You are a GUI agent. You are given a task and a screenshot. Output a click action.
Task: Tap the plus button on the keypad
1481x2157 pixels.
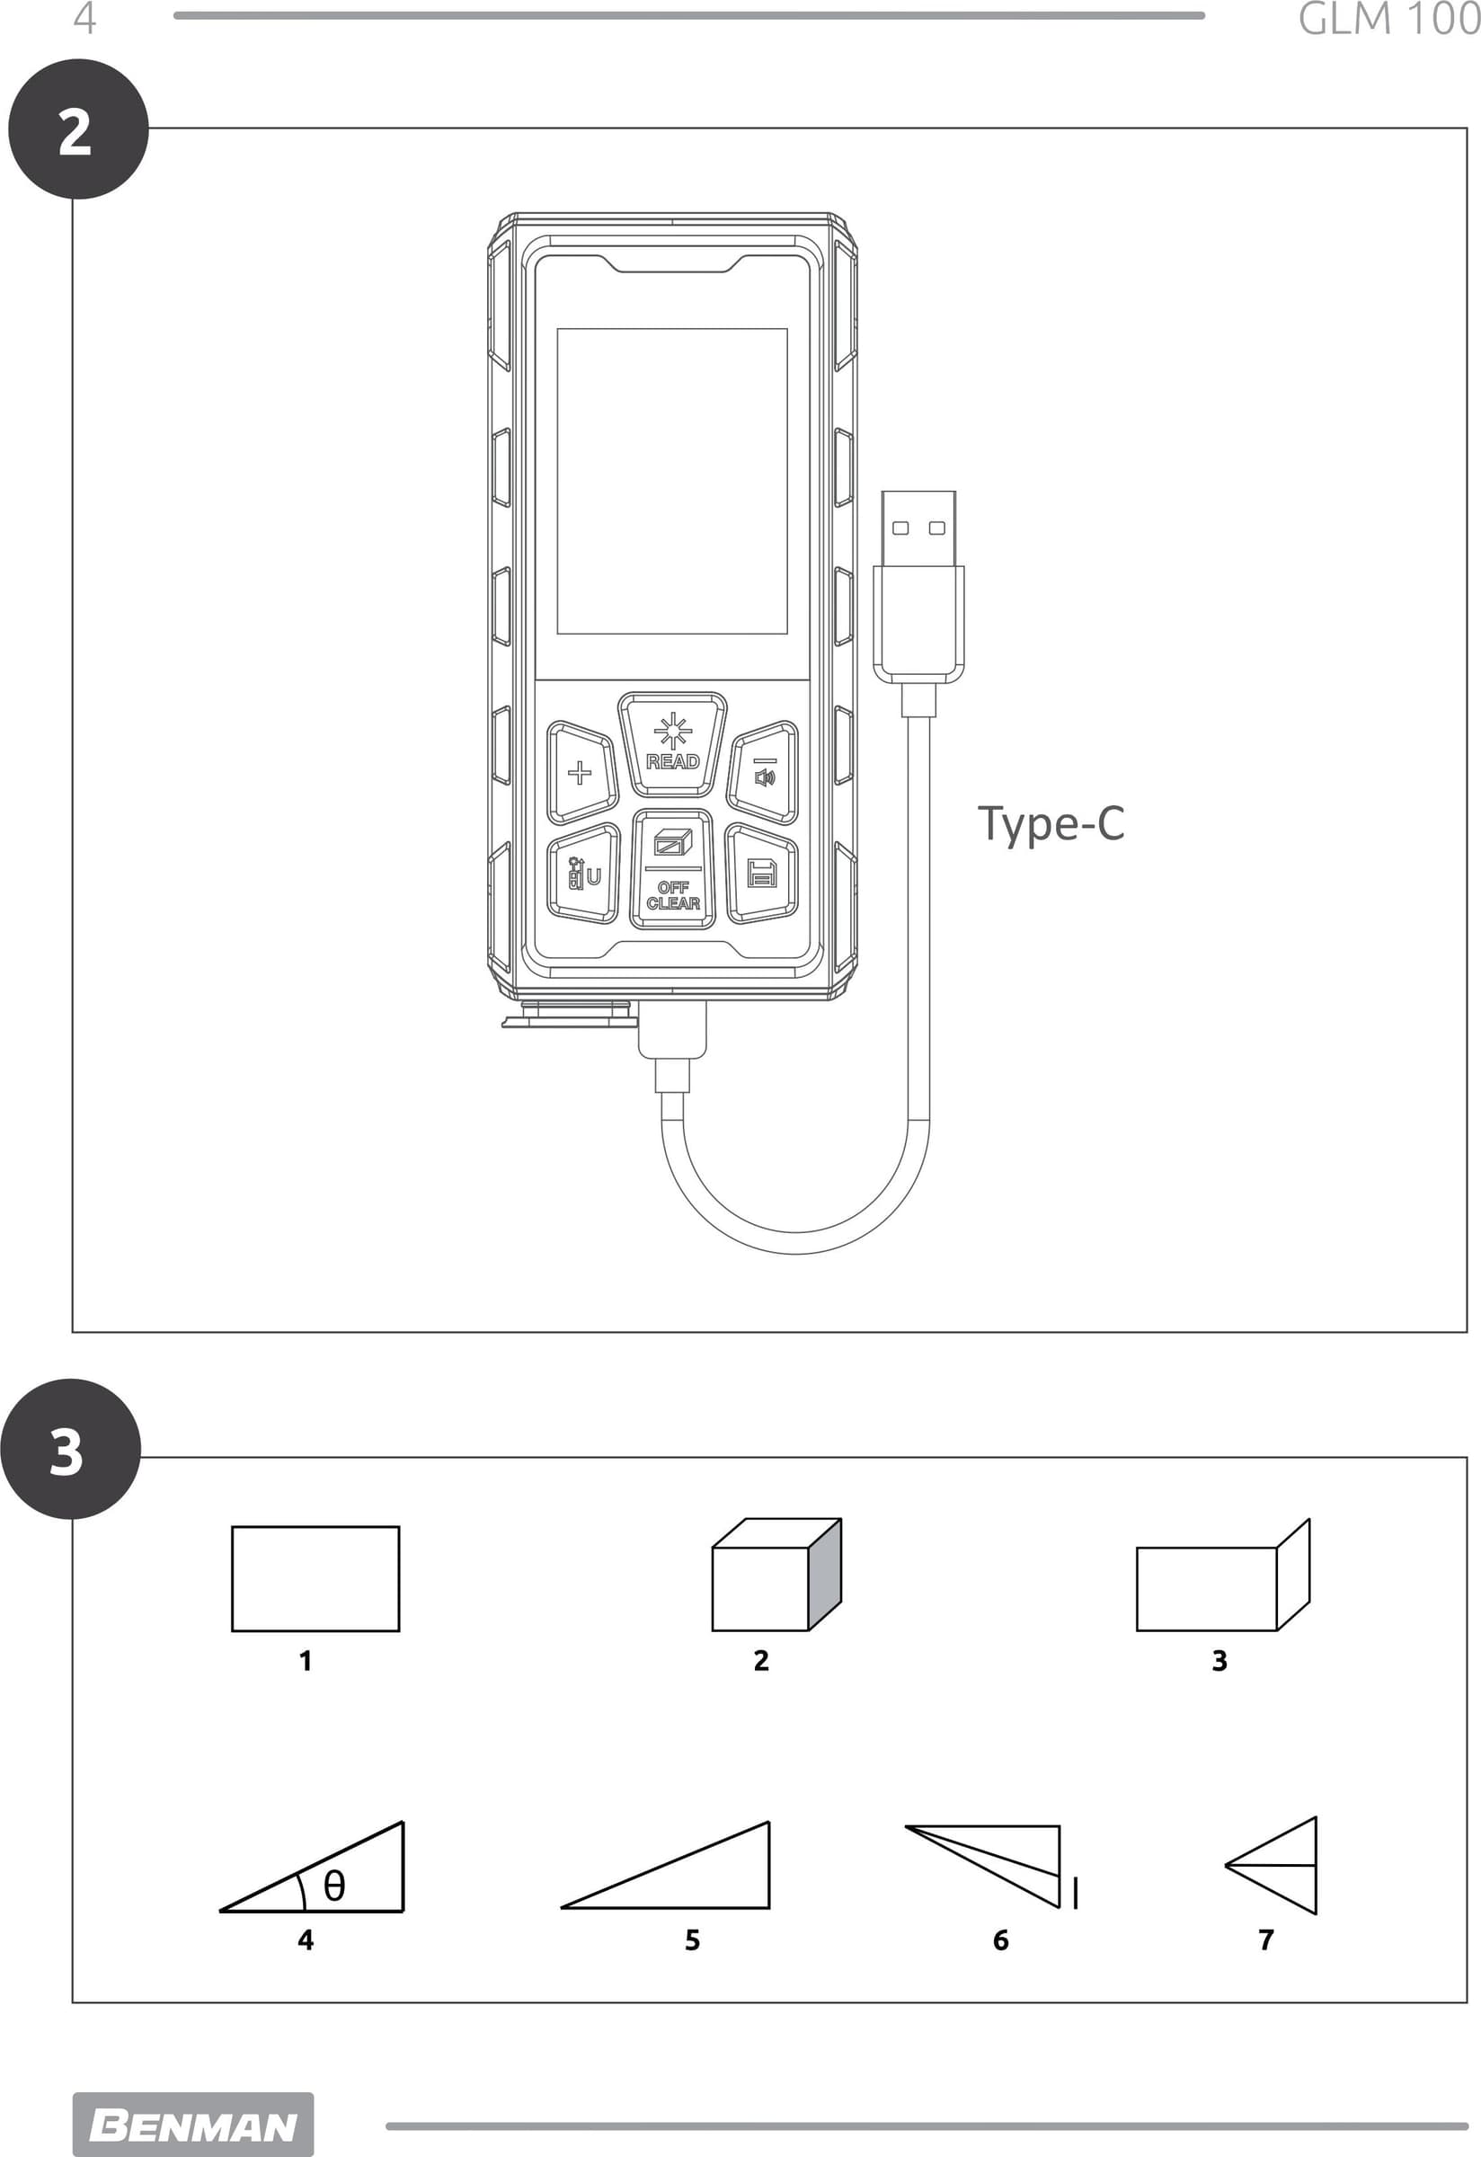click(581, 772)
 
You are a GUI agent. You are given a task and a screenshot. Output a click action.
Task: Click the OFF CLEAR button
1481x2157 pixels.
click(673, 869)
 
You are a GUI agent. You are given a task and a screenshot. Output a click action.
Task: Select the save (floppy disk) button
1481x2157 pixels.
click(762, 874)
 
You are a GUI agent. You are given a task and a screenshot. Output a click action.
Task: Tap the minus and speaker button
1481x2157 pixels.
click(764, 772)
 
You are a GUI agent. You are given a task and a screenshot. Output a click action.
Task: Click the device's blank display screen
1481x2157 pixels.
click(672, 481)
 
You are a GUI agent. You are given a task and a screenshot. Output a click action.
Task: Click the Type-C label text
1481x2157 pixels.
click(1051, 824)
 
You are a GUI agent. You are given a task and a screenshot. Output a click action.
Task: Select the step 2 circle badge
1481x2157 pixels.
click(79, 129)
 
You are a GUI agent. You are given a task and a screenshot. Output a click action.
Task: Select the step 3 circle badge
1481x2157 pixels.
click(70, 1449)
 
